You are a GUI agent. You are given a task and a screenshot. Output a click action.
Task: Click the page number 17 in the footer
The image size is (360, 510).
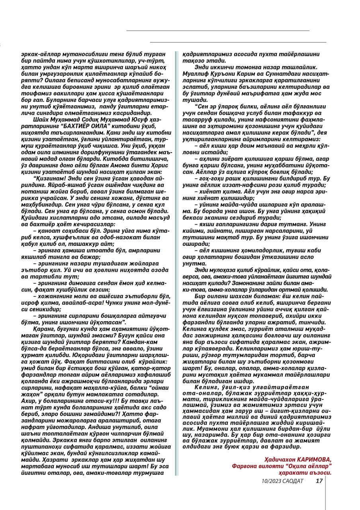click(x=319, y=481)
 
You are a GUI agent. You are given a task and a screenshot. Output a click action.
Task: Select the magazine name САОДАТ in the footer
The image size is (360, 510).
click(x=293, y=481)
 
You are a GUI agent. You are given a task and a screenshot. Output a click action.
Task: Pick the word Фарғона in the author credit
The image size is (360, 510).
click(x=243, y=465)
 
